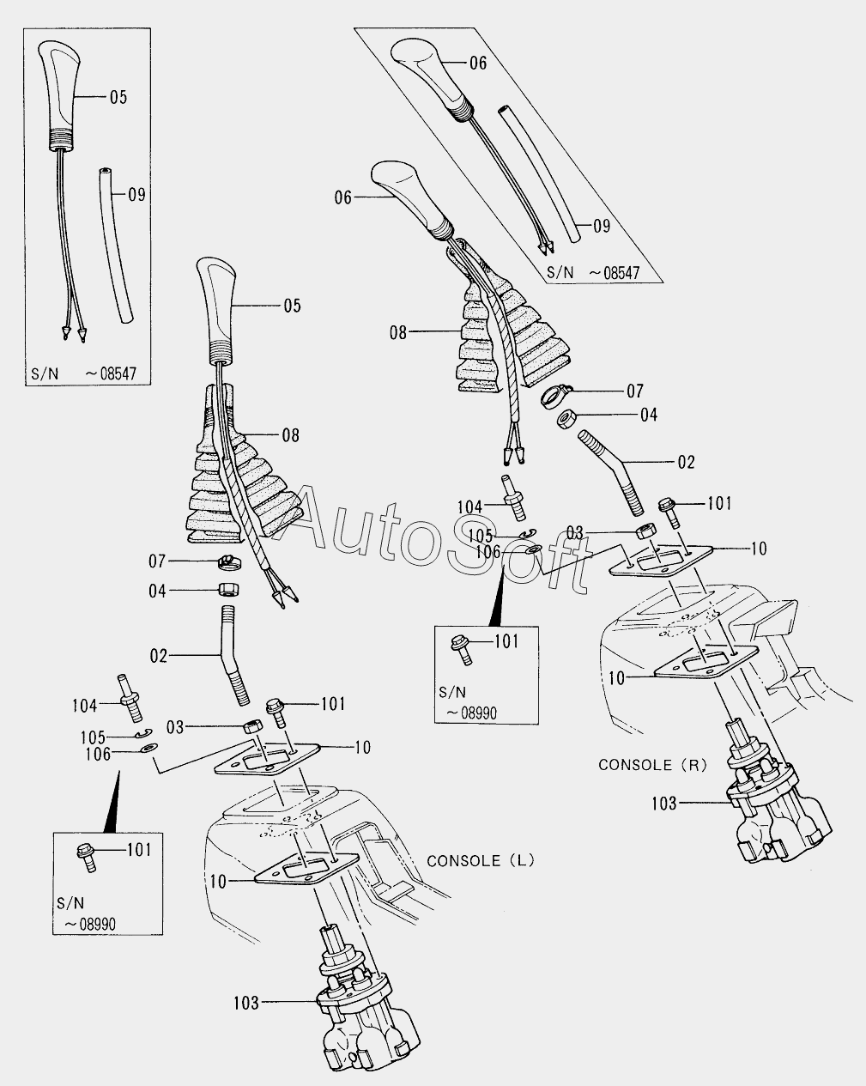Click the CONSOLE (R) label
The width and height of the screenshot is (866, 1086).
click(x=652, y=764)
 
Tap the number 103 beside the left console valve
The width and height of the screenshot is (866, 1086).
click(x=245, y=1002)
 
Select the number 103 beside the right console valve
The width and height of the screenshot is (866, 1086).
click(x=663, y=804)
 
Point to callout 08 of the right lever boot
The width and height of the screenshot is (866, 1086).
click(x=397, y=332)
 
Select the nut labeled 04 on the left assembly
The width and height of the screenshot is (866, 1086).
click(x=227, y=591)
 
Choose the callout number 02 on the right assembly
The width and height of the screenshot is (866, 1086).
click(x=686, y=462)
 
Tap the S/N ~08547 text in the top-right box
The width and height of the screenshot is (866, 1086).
click(x=593, y=272)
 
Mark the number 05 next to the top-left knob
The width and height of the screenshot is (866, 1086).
click(x=118, y=97)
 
